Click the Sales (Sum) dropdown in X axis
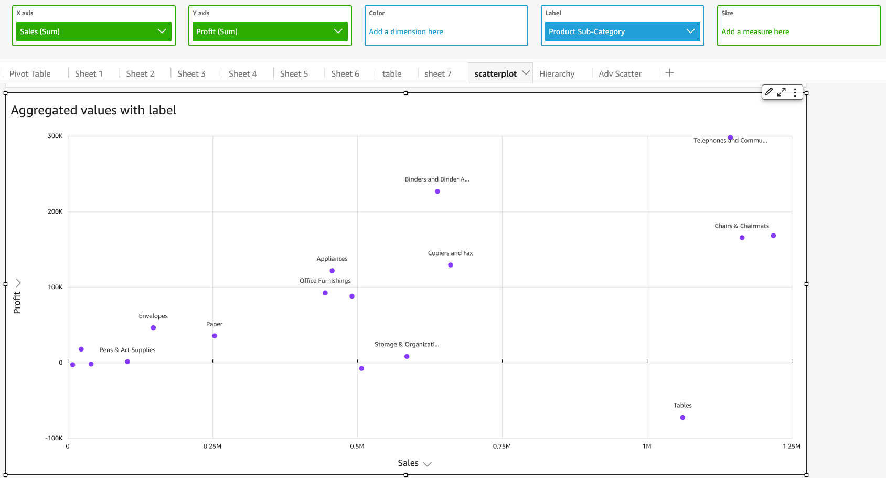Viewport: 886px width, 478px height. coord(93,31)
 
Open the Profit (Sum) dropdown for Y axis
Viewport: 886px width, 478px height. coord(270,31)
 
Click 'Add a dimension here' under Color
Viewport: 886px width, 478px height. coord(406,31)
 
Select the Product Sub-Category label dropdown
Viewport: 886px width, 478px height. coord(622,31)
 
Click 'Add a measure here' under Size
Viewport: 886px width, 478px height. coord(755,31)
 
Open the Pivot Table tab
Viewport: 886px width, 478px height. coord(30,74)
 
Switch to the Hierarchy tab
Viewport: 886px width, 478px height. coord(557,74)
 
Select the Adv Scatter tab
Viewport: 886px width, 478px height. coord(620,74)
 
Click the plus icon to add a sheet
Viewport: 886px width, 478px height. coord(669,73)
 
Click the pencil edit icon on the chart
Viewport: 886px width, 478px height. coord(769,92)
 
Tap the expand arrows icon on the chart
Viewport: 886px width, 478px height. coord(782,92)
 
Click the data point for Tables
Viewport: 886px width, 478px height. coord(682,418)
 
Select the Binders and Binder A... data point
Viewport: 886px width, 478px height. coord(437,192)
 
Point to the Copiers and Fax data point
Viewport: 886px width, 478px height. coord(451,265)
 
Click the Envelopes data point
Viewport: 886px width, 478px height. coord(153,328)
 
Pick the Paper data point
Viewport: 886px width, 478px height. coord(215,336)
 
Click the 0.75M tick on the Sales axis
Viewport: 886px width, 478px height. coord(501,447)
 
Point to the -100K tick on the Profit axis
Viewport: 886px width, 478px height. coord(54,438)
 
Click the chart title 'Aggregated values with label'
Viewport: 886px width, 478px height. coord(93,110)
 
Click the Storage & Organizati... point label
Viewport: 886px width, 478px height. coord(407,345)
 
